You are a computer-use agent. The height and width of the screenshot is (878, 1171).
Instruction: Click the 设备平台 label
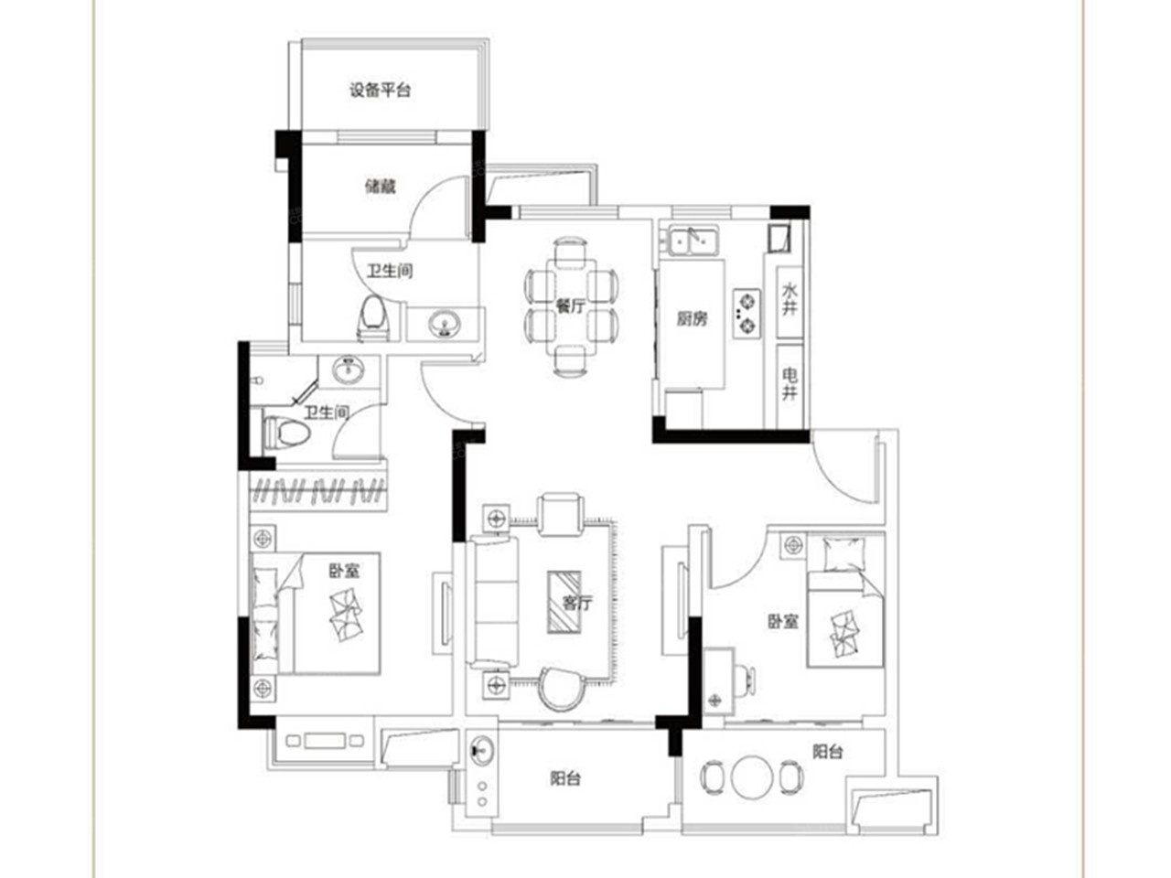pos(380,90)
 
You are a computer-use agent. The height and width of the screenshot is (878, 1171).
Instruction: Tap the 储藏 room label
pos(380,187)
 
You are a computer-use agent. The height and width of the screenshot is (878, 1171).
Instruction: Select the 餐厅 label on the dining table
pos(570,306)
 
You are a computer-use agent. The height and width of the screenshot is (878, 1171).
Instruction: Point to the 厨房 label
pos(692,319)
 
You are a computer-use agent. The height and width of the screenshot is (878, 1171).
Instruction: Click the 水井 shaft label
pos(789,299)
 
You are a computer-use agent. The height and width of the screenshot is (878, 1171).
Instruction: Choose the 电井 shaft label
pos(790,384)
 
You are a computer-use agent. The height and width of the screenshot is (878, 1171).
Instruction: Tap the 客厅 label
pos(577,603)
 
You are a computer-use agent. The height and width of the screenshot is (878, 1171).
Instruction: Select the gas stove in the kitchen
pos(747,314)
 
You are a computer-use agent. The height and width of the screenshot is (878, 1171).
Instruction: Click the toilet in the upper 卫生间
pos(373,318)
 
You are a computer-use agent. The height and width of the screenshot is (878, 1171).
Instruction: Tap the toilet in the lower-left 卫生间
pos(286,432)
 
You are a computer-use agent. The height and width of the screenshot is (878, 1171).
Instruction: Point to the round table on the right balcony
pos(752,777)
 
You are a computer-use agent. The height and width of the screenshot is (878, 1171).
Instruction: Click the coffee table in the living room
pos(564,601)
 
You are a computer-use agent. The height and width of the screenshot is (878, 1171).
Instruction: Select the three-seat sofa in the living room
pos(493,604)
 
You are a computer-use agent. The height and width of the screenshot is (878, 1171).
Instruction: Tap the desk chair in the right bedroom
pos(746,680)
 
